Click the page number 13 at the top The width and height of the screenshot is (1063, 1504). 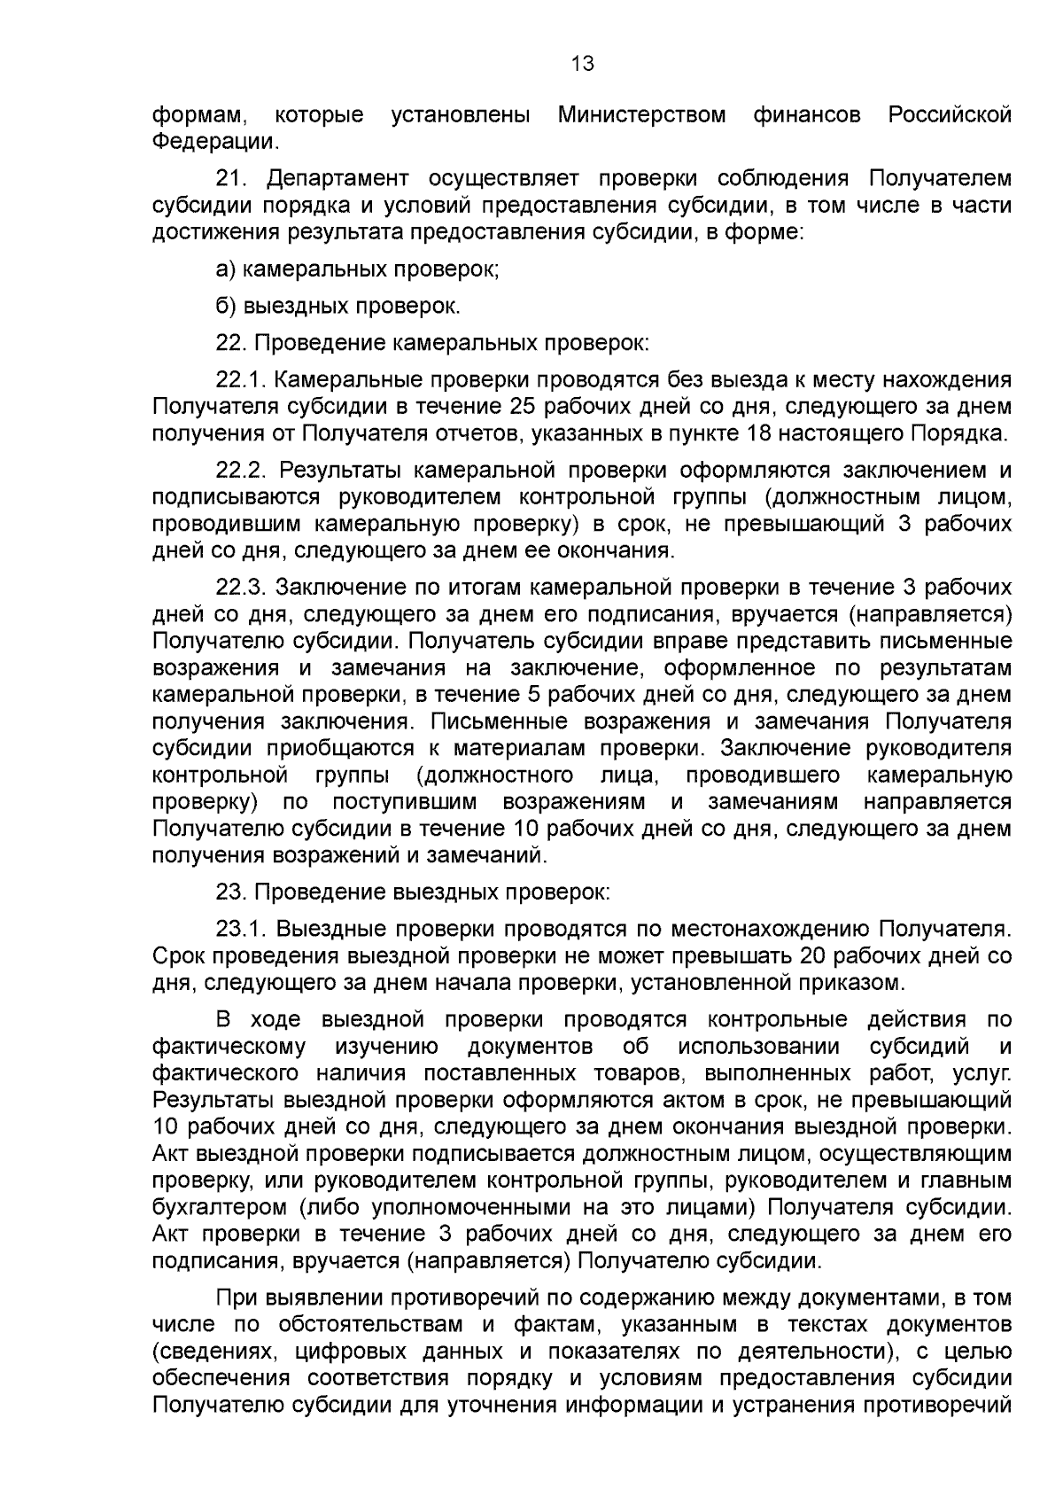582,64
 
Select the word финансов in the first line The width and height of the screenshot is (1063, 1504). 807,115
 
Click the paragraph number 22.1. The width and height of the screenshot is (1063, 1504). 241,380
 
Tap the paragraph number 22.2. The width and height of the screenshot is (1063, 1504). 241,470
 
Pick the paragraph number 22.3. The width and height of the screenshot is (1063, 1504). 241,587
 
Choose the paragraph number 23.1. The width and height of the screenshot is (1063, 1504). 241,929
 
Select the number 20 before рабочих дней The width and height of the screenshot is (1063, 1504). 813,955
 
